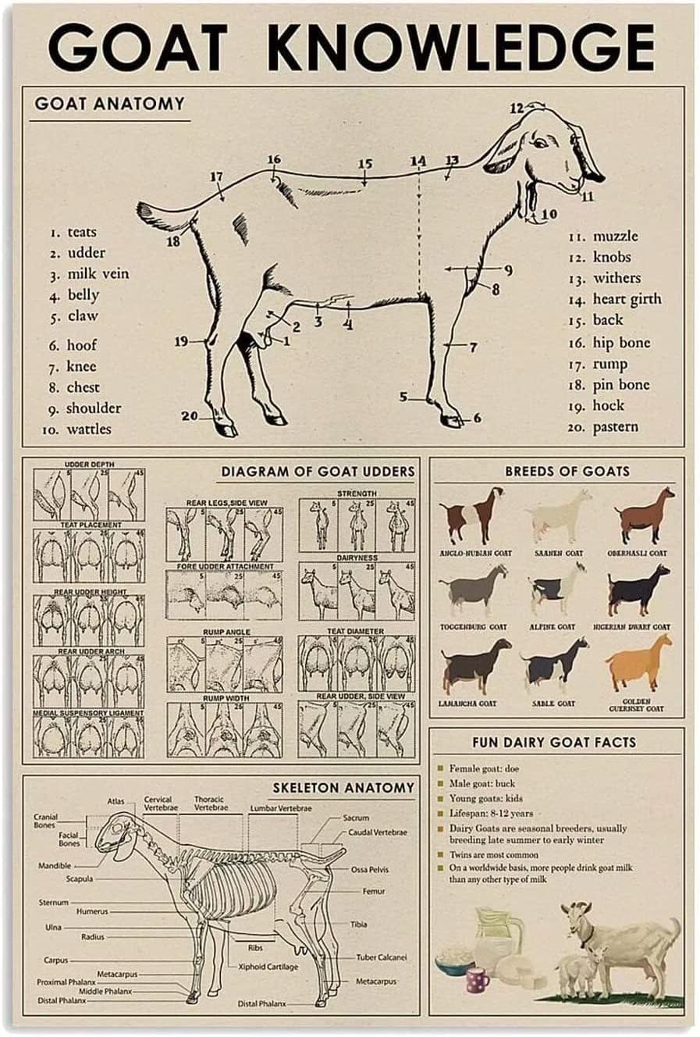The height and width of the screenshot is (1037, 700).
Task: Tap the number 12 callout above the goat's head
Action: pyautogui.click(x=517, y=109)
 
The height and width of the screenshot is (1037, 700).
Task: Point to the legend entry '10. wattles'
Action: pyautogui.click(x=78, y=429)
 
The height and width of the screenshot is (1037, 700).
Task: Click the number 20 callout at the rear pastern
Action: pyautogui.click(x=190, y=416)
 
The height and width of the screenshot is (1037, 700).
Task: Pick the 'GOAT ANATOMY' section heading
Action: pyautogui.click(x=109, y=103)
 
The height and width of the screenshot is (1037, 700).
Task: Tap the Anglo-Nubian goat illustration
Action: pyautogui.click(x=471, y=515)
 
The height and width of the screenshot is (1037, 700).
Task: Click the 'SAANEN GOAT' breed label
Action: pyautogui.click(x=558, y=553)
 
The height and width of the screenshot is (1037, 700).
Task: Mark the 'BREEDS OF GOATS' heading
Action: pyautogui.click(x=567, y=471)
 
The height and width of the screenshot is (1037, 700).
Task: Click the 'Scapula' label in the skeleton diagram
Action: pyautogui.click(x=80, y=878)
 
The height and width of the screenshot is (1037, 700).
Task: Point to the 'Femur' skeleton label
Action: pyautogui.click(x=373, y=891)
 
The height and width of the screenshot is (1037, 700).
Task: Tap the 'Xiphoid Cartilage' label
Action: pyautogui.click(x=268, y=967)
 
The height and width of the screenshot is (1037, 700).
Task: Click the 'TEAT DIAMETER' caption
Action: pyautogui.click(x=355, y=630)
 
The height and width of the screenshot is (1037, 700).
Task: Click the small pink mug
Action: pyautogui.click(x=477, y=979)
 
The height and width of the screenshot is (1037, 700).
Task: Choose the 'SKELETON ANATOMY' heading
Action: pyautogui.click(x=343, y=787)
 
